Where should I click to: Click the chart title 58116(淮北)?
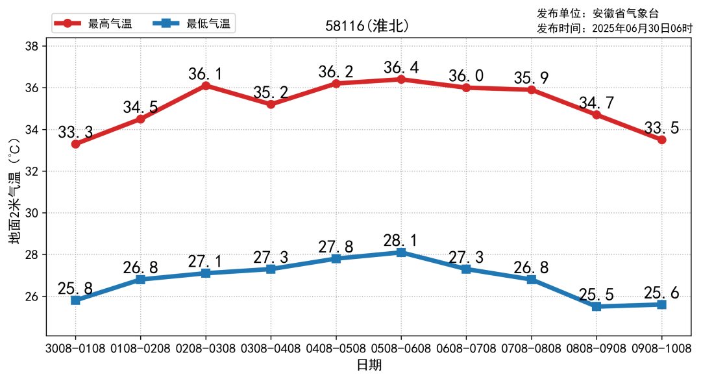tap(367, 26)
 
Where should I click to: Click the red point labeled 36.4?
tap(401, 79)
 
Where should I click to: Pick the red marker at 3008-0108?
tap(76, 144)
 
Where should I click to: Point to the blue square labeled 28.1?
tap(401, 252)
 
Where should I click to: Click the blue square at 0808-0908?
tap(596, 306)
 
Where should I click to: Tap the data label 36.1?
tap(205, 74)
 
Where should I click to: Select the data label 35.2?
tap(271, 93)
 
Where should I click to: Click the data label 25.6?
tap(661, 293)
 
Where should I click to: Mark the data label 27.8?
tap(336, 247)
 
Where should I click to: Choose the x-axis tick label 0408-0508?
tap(336, 348)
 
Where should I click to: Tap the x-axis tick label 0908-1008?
tap(661, 348)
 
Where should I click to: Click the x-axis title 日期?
tap(369, 365)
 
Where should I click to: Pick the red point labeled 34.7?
tap(596, 115)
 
